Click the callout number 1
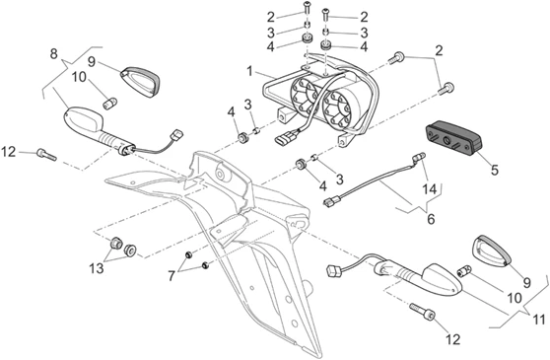249,72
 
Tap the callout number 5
494,171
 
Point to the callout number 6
431,219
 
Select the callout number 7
172,276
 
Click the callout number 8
53,54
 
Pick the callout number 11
538,320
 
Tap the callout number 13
97,268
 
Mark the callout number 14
429,189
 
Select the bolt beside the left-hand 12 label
46,155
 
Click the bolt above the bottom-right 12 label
422,312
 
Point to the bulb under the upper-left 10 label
109,103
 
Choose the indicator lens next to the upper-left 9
140,82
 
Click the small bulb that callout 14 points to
420,156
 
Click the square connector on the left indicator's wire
176,135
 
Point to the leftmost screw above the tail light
307,8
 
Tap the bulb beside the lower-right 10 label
465,270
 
